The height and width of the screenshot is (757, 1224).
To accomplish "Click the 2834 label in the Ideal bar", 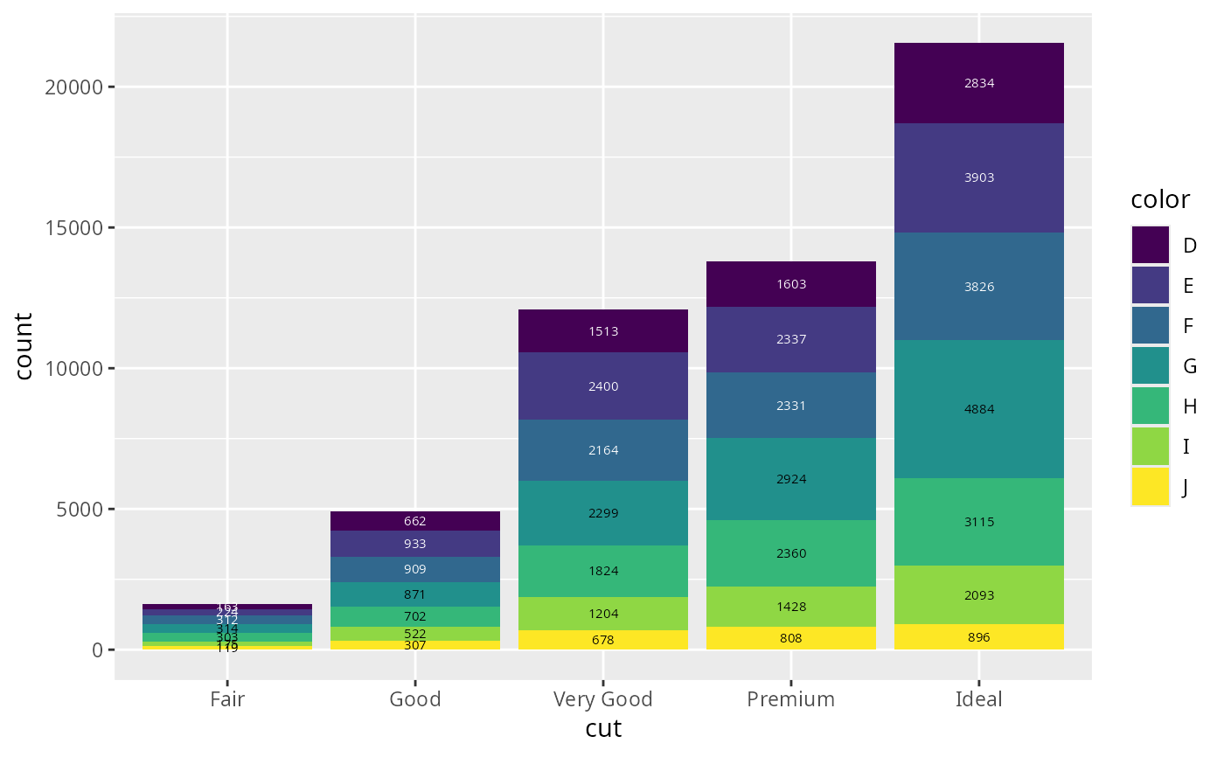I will point(979,84).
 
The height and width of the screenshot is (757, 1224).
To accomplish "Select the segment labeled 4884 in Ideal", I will point(979,409).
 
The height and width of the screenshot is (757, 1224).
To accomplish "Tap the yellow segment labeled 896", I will point(979,637).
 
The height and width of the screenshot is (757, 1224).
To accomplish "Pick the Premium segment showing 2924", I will point(791,479).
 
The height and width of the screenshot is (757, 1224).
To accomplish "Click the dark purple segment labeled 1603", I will point(791,284).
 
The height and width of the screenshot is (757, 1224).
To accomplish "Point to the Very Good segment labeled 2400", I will point(603,386).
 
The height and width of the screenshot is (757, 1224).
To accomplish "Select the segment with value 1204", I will point(603,614).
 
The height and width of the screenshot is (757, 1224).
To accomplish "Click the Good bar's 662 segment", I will point(415,521).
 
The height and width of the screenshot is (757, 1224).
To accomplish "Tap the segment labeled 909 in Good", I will point(415,569).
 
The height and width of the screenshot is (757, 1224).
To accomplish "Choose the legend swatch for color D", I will point(1150,245).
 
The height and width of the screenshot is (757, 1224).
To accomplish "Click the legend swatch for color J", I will point(1150,487).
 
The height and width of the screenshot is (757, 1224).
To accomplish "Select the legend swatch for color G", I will point(1150,366).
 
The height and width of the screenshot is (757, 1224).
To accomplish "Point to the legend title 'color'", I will point(1159,200).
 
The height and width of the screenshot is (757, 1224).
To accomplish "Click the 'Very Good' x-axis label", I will point(603,699).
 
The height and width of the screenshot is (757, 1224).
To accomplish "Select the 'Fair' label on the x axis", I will point(227,699).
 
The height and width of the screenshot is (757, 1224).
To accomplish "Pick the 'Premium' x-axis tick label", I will point(791,699).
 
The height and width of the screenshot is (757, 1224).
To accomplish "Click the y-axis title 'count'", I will point(24,346).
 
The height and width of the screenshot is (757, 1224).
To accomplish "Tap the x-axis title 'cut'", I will point(603,729).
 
